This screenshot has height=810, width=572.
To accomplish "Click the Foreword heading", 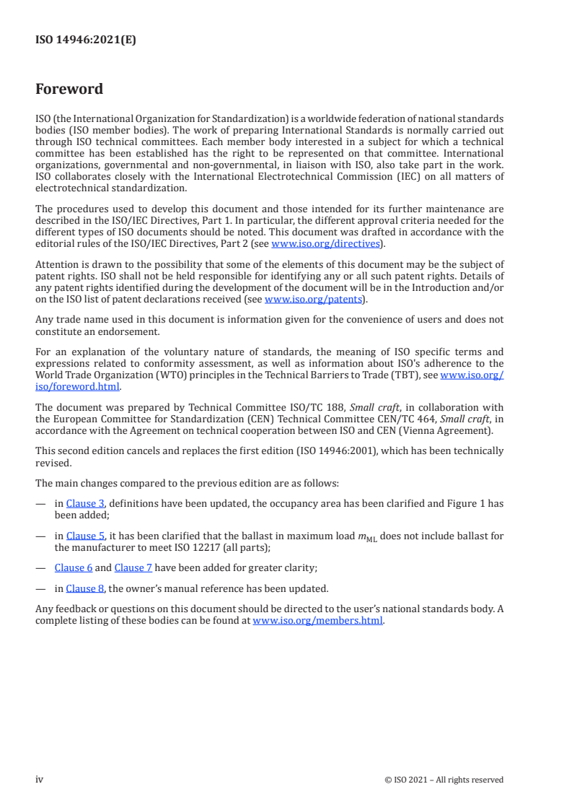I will pos(69,90).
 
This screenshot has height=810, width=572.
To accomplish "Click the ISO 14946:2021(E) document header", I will pos(86,40).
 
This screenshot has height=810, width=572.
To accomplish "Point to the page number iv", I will pos(40,779).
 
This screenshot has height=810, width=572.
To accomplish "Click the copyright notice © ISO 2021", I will pos(444,780).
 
